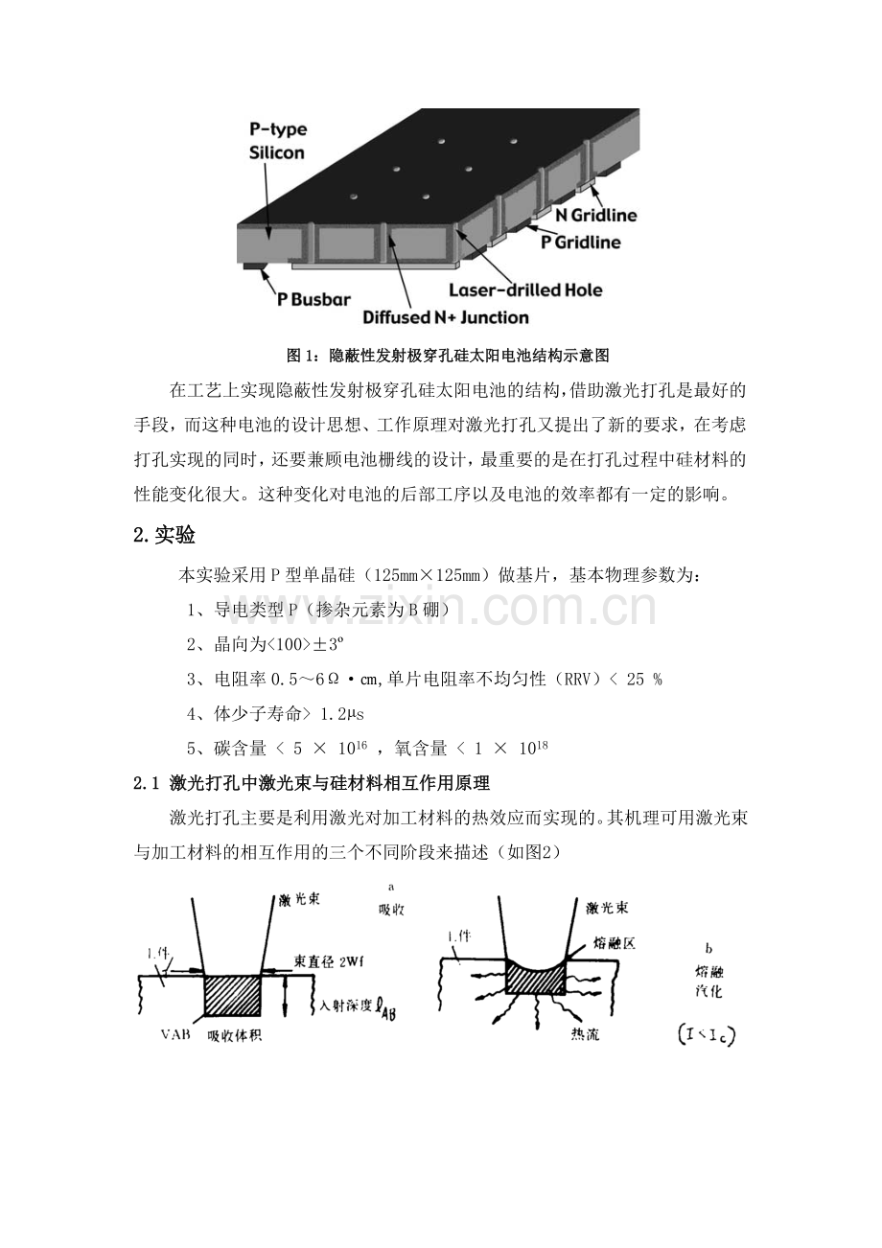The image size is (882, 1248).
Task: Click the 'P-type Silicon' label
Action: [x=277, y=141]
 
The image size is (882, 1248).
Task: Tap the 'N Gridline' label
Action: [x=595, y=215]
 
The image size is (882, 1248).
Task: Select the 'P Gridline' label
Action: [x=581, y=243]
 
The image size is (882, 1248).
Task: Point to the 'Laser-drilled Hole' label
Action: [x=525, y=289]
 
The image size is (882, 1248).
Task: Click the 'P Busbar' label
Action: [x=313, y=299]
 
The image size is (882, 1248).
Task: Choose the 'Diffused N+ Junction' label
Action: [x=446, y=317]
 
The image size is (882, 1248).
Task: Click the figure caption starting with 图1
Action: [x=448, y=355]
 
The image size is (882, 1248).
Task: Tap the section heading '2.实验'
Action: [x=164, y=535]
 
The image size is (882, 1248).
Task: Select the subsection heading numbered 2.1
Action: [x=312, y=783]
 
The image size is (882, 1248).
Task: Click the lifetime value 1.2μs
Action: [x=341, y=714]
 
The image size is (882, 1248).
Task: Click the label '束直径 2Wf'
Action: [x=329, y=961]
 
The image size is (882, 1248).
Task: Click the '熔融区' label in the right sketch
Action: [x=614, y=942]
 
